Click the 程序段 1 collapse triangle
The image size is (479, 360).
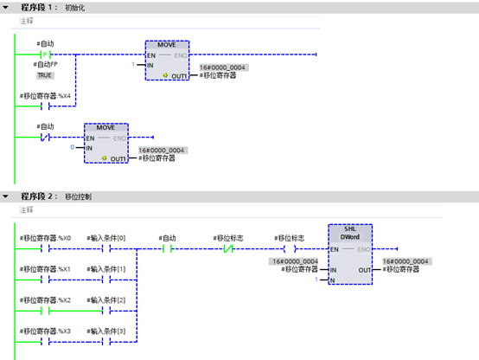[7, 7]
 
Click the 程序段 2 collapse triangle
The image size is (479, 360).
[7, 196]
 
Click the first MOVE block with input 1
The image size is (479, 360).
[167, 61]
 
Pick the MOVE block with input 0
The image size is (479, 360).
[106, 144]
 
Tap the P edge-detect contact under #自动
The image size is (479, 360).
[47, 55]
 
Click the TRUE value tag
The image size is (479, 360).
[44, 75]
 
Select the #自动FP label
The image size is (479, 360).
[46, 65]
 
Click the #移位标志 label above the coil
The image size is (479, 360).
[289, 237]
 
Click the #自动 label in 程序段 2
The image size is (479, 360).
[168, 237]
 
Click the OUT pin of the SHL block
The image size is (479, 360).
[362, 269]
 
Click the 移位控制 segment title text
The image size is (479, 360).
[77, 196]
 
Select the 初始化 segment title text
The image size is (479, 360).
[74, 7]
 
